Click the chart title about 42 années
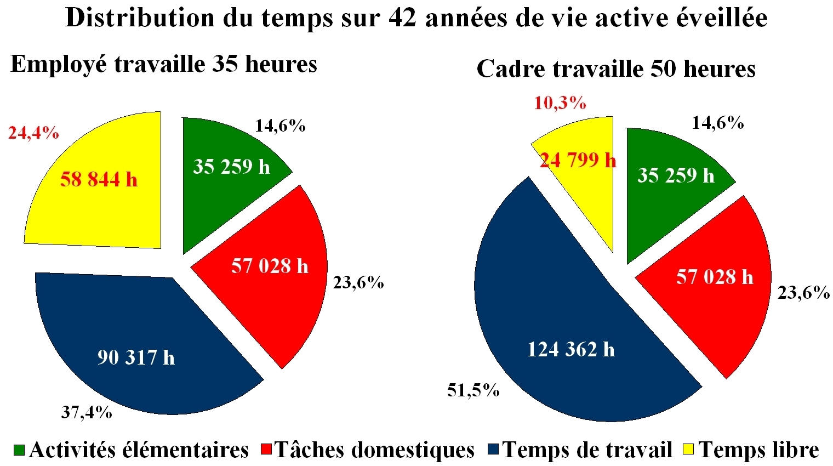coord(416,18)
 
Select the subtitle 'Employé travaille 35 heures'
coord(164,64)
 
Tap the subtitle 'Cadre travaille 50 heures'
coord(616,69)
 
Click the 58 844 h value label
coord(99,179)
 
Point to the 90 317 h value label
coord(136,357)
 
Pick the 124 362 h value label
coord(570,349)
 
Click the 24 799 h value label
coord(578,160)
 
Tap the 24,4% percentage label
coord(33,133)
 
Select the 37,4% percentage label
coord(86,412)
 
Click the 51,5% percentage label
coord(473,390)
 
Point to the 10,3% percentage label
coord(560,103)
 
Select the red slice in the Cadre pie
coord(723,307)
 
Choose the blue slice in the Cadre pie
coord(548,307)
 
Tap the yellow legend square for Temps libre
coord(688,450)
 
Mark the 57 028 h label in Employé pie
coord(270,266)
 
